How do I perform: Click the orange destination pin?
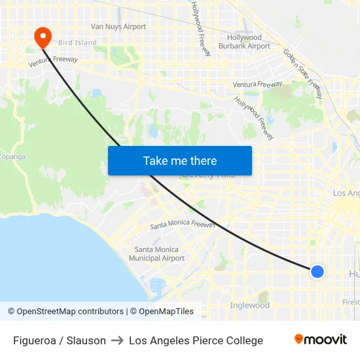[43, 37]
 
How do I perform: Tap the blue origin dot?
[317, 271]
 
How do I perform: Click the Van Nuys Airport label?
[118, 27]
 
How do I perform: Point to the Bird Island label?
[77, 43]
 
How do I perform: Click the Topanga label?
[12, 156]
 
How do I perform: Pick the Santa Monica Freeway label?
[183, 224]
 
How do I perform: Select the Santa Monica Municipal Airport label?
[156, 254]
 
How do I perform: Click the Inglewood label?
[249, 306]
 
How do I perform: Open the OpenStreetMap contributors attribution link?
[70, 312]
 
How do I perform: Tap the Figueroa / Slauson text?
[60, 340]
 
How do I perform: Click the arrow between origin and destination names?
[117, 340]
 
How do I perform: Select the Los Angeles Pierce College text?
[196, 340]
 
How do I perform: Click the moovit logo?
[320, 339]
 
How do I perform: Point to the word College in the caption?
[242, 340]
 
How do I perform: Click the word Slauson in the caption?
[86, 340]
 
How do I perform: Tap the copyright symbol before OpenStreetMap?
[11, 312]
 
